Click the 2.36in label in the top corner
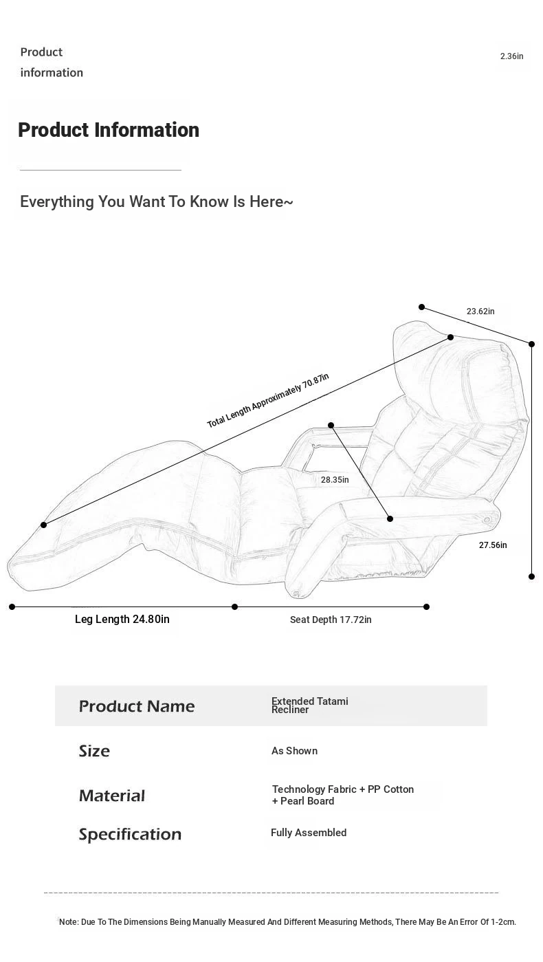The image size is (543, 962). click(511, 56)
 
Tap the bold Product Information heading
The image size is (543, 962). click(109, 130)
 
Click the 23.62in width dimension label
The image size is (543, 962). click(480, 311)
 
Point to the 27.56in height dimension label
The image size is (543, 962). click(493, 545)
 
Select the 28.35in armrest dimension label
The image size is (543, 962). click(335, 480)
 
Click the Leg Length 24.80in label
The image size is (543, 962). click(122, 620)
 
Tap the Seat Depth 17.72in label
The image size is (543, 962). click(331, 620)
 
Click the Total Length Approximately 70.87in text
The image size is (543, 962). click(268, 400)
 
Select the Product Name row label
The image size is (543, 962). click(137, 706)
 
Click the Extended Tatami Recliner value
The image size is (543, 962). click(309, 706)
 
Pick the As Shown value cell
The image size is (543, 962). click(294, 751)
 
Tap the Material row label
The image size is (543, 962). click(112, 796)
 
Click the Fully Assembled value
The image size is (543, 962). click(309, 833)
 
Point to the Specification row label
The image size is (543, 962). click(130, 834)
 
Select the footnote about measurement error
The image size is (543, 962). click(287, 922)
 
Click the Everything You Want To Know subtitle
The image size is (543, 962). click(157, 202)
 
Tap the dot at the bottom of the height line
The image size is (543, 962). click(531, 576)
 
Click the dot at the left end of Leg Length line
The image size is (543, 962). click(12, 606)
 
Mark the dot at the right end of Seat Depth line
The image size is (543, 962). click(426, 606)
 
